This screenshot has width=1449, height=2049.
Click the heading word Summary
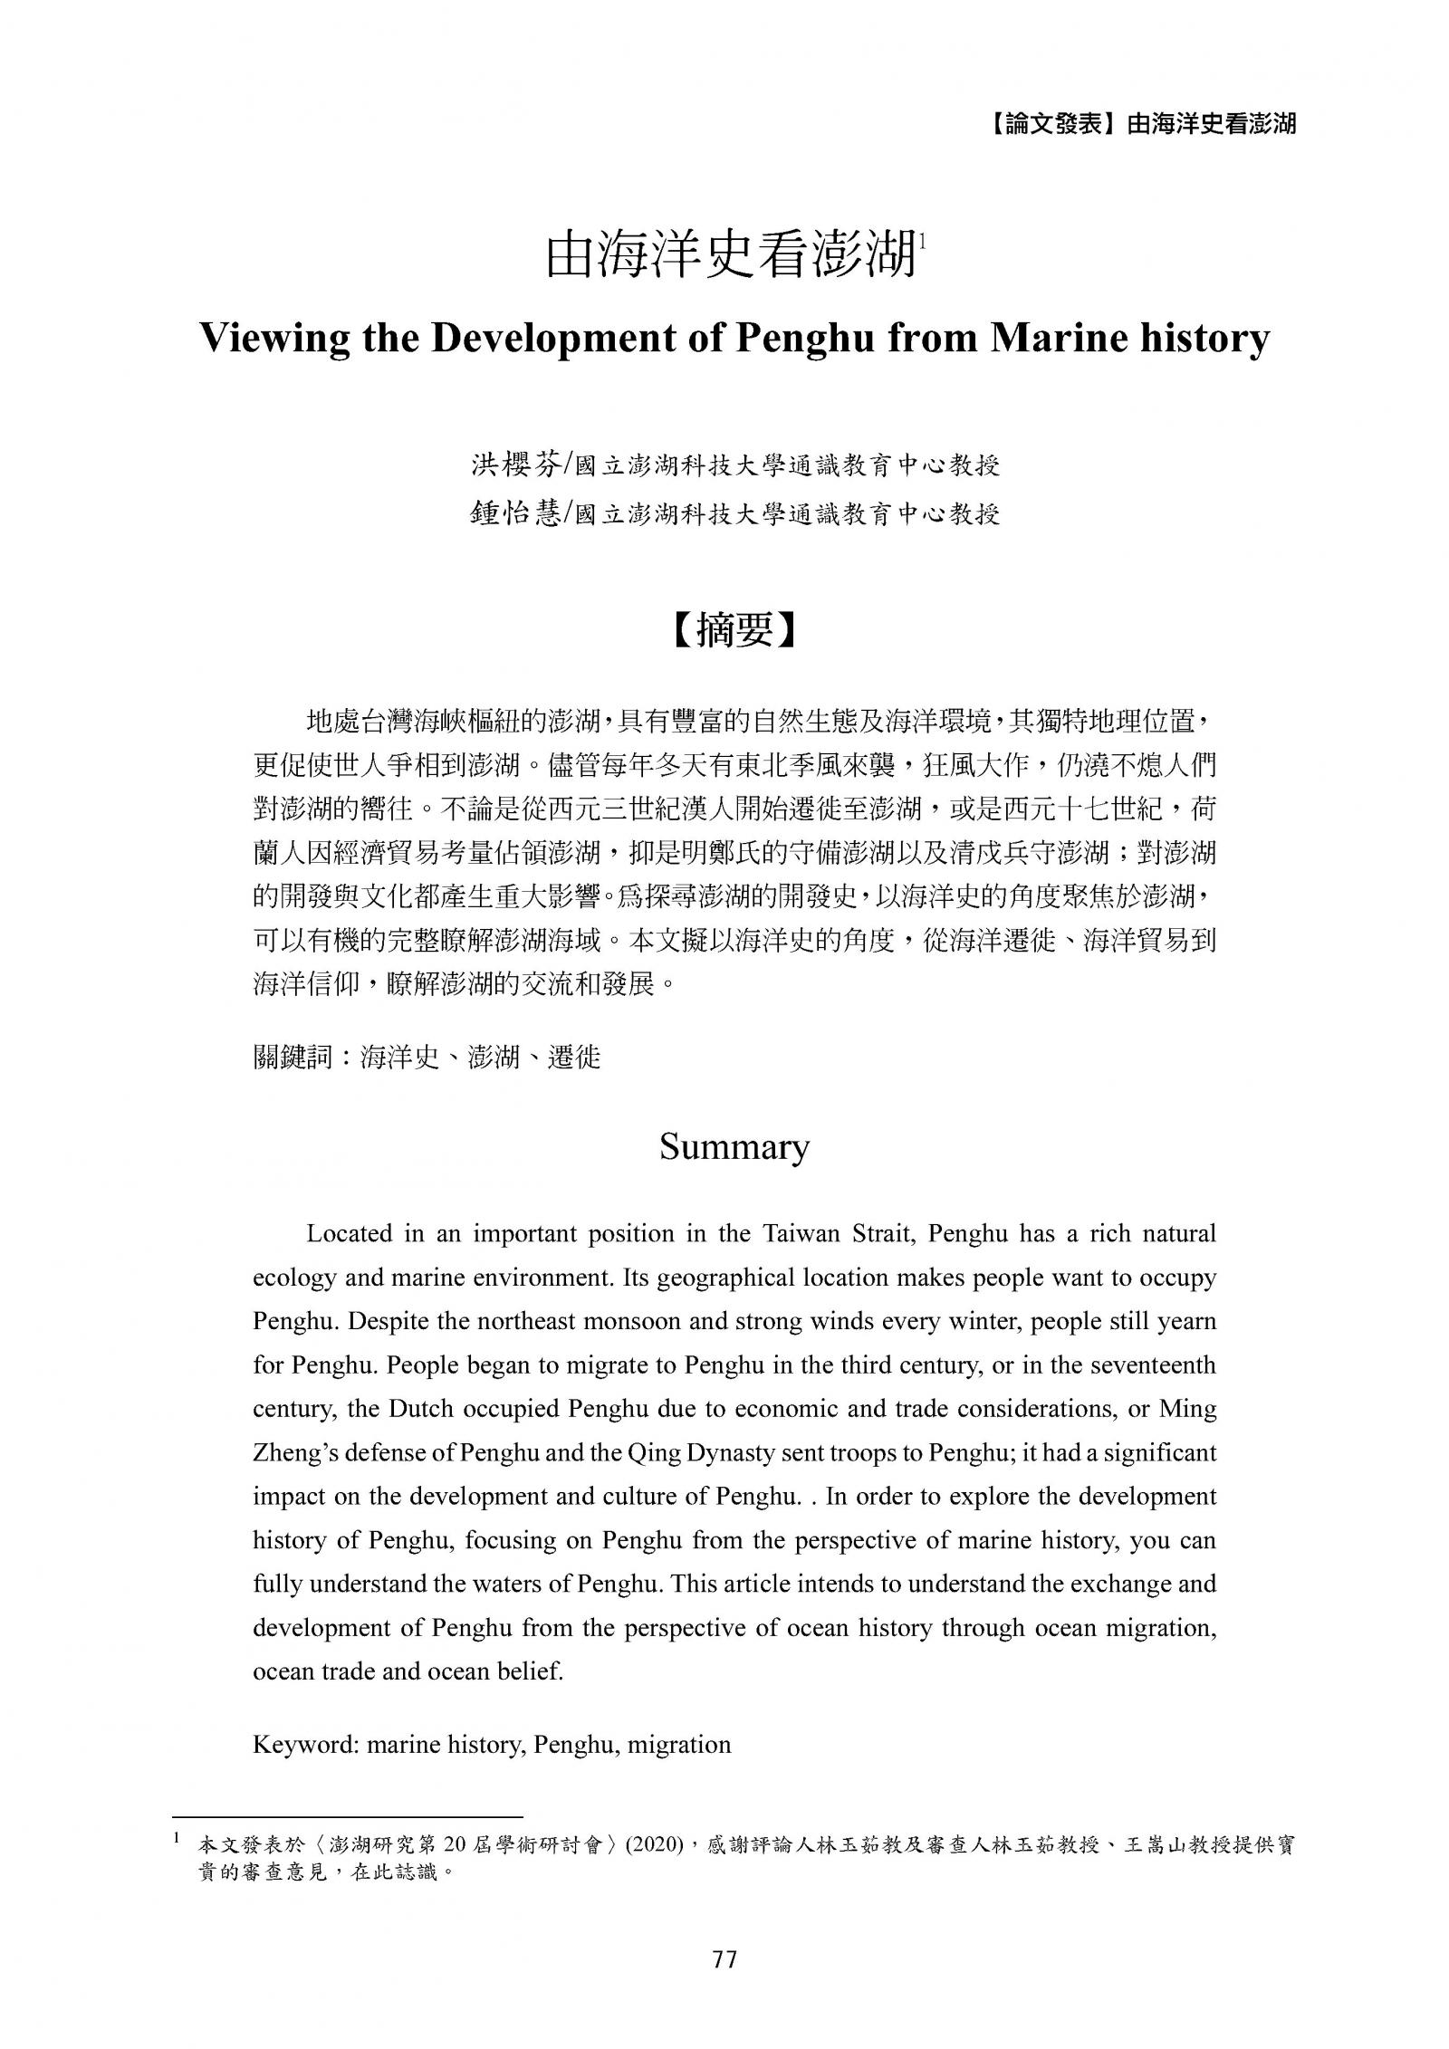(x=734, y=1147)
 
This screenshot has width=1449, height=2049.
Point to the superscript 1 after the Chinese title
(x=921, y=242)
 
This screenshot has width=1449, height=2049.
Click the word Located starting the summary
(x=349, y=1233)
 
